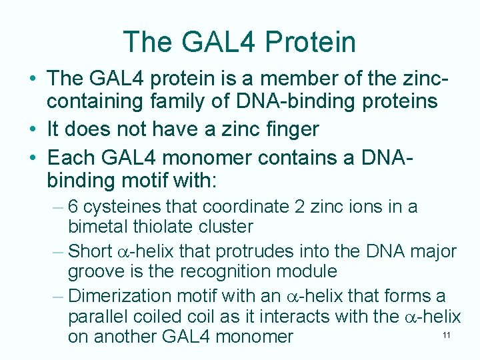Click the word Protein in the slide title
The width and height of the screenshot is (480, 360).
[x=310, y=42]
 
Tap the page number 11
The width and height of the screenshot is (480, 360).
[x=447, y=335]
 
